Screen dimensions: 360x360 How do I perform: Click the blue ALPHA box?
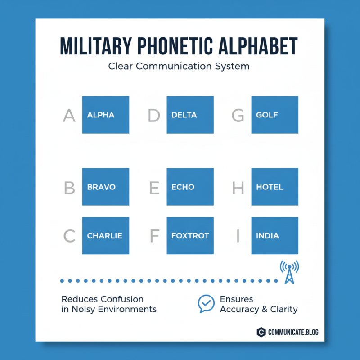click(x=105, y=115)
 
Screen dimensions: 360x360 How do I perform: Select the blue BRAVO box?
click(x=105, y=187)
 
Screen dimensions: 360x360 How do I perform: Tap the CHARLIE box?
click(x=105, y=236)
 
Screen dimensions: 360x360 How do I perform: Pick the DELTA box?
click(x=190, y=115)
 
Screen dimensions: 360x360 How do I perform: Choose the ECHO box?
click(x=190, y=187)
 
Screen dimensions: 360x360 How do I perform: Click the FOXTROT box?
click(x=190, y=236)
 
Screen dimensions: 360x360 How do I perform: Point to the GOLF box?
click(x=274, y=115)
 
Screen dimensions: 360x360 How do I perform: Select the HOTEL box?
click(x=274, y=187)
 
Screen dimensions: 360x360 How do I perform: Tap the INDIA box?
click(x=274, y=236)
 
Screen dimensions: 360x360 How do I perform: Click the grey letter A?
click(x=69, y=116)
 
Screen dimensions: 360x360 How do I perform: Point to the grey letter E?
click(x=154, y=188)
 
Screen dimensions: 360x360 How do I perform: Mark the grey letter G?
click(x=238, y=116)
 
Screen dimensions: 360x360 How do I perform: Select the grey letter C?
click(x=69, y=236)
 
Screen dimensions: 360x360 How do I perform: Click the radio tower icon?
click(x=289, y=272)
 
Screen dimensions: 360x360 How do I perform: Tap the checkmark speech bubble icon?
click(x=206, y=304)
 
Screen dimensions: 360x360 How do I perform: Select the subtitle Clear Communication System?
click(x=179, y=66)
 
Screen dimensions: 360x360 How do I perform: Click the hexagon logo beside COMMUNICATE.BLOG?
click(x=261, y=333)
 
